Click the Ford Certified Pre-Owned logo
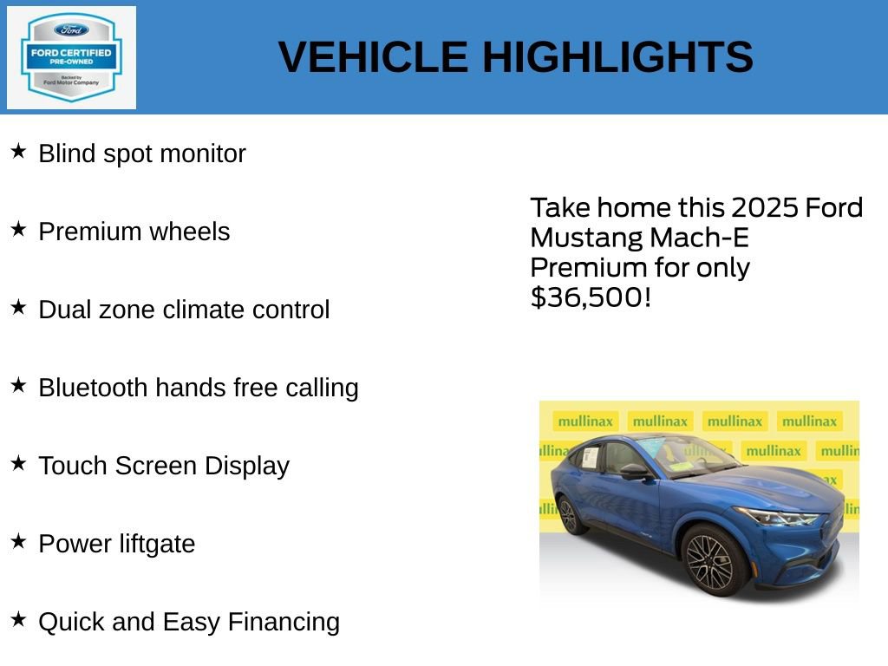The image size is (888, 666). pyautogui.click(x=71, y=57)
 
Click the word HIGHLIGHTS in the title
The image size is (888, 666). pyautogui.click(x=617, y=57)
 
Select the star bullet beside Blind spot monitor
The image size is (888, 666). pyautogui.click(x=18, y=152)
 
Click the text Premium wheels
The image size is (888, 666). pyautogui.click(x=134, y=232)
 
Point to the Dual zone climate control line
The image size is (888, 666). pyautogui.click(x=184, y=310)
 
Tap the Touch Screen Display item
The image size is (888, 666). pyautogui.click(x=164, y=466)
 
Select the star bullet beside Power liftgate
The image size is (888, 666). pyautogui.click(x=18, y=542)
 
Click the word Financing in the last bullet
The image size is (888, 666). pyautogui.click(x=284, y=622)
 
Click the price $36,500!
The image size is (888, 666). pyautogui.click(x=590, y=297)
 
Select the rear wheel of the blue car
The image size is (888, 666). pyautogui.click(x=569, y=515)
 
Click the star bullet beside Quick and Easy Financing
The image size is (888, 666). pyautogui.click(x=18, y=620)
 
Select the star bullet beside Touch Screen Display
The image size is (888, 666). pyautogui.click(x=18, y=464)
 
